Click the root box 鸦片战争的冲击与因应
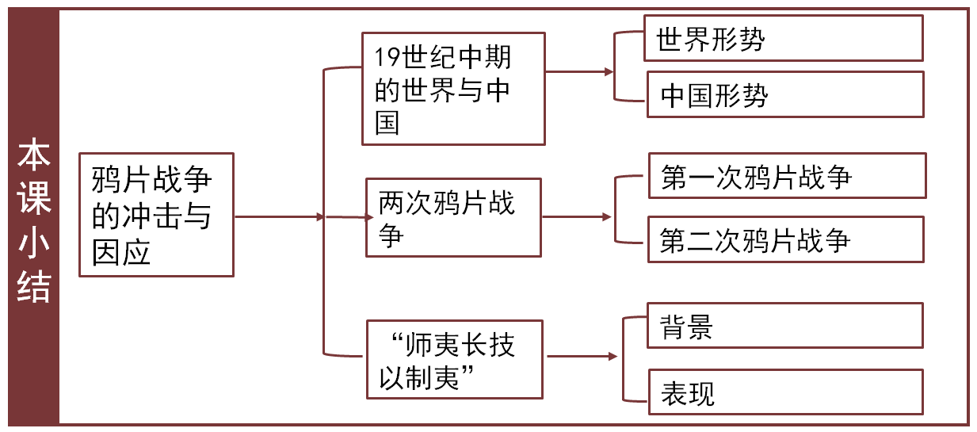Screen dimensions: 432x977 tap(156, 215)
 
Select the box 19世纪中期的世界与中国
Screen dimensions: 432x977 tap(452, 89)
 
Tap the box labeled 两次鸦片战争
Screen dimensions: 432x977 tap(452, 217)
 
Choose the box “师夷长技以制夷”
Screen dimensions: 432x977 tap(454, 359)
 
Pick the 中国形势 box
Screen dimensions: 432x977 tap(784, 94)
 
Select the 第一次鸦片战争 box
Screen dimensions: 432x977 tap(787, 176)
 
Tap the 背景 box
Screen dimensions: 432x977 tap(784, 325)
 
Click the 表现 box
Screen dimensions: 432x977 tap(784, 392)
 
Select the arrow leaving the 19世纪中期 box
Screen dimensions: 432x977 tap(579, 71)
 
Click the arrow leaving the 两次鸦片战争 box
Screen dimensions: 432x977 tap(577, 216)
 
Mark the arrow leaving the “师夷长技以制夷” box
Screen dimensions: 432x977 tap(582, 357)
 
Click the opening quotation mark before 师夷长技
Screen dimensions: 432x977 tap(397, 342)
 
